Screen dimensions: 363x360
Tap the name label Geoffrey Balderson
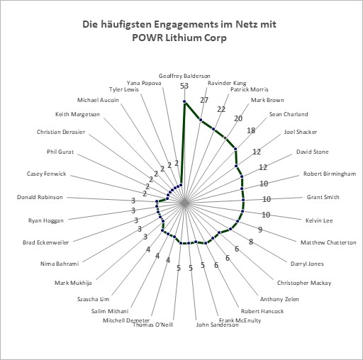coord(184,76)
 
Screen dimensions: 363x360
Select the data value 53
coord(184,86)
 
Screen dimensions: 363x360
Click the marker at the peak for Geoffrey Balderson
coord(184,101)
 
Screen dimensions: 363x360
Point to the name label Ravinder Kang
coord(227,83)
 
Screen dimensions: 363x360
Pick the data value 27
coord(204,100)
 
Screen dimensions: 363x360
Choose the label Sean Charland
coord(289,114)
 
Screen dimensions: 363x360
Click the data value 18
coord(251,130)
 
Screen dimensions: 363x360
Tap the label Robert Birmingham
coord(330,174)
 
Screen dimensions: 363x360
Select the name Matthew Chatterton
coord(328,242)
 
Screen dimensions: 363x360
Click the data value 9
coord(260,230)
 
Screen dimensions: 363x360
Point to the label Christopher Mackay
coord(304,283)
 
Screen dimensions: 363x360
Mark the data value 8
coord(251,242)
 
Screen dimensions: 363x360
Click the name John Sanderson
coord(218,325)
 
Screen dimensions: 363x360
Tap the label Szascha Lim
coord(94,299)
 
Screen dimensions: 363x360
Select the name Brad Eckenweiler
coord(46,242)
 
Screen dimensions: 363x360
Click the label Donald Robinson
coord(40,197)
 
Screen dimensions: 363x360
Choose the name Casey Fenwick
coord(46,174)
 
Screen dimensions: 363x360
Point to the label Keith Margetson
coord(77,114)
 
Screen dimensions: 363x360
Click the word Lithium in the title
coord(182,38)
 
